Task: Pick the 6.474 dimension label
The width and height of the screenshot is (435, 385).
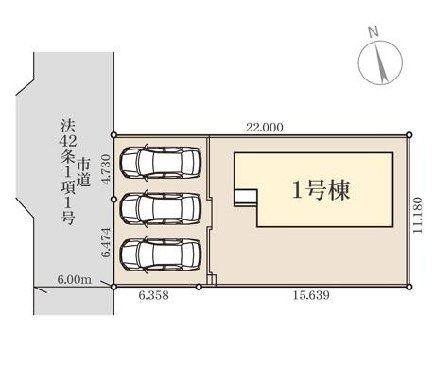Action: (106, 241)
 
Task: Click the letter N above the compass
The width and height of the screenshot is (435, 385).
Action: (374, 32)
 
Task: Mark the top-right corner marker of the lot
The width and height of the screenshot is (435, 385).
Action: (409, 135)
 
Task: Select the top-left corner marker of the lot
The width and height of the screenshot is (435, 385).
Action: (114, 135)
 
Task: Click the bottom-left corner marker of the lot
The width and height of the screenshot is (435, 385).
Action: (114, 285)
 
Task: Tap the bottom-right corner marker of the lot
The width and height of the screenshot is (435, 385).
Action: (410, 285)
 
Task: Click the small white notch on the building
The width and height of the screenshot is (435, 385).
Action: (245, 196)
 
